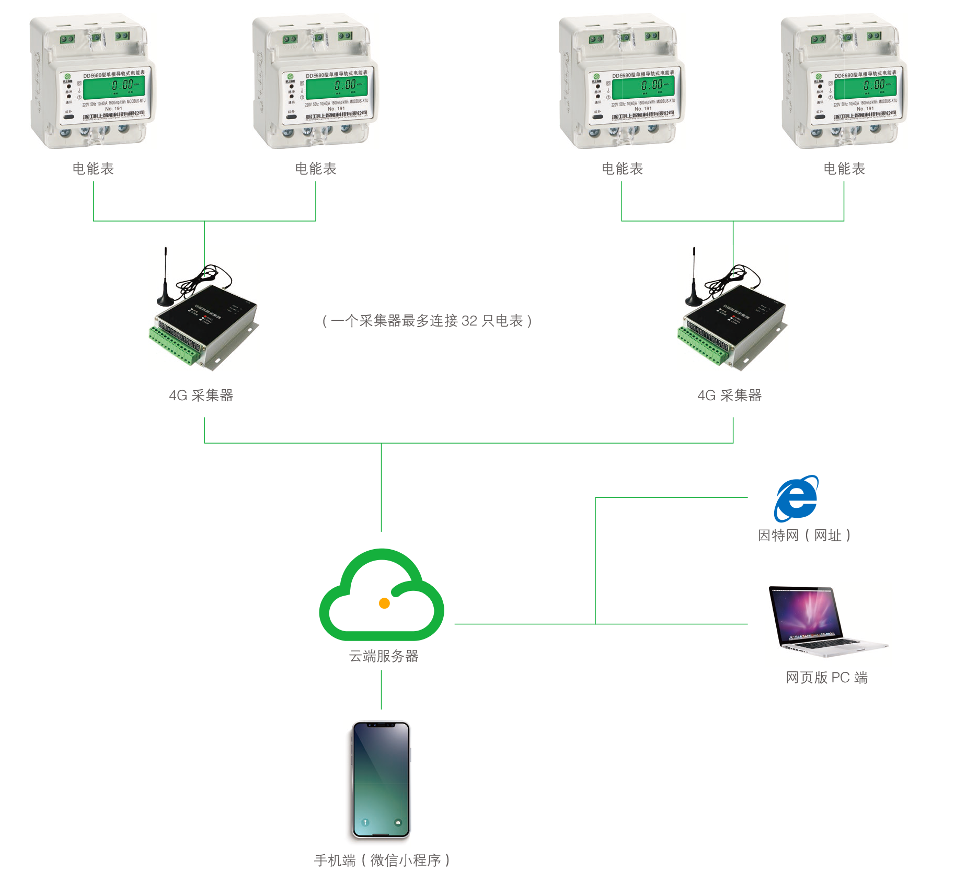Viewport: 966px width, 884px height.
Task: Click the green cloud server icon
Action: pyautogui.click(x=382, y=596)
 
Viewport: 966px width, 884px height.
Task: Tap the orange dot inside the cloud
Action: pyautogui.click(x=384, y=603)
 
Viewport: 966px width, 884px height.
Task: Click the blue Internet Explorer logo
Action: pyautogui.click(x=796, y=499)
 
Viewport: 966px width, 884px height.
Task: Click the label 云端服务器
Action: pyautogui.click(x=384, y=656)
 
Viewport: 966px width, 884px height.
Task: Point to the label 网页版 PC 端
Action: pyautogui.click(x=826, y=678)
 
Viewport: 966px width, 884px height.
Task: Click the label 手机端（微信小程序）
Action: pyautogui.click(x=382, y=860)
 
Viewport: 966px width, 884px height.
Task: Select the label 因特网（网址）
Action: pyautogui.click(x=804, y=536)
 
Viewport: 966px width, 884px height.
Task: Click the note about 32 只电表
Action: pyautogui.click(x=427, y=321)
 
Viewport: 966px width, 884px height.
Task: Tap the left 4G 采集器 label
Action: pyautogui.click(x=201, y=396)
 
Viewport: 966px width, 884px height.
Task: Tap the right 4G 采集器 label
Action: pyautogui.click(x=730, y=396)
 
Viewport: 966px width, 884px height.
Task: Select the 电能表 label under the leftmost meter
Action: pyautogui.click(x=93, y=169)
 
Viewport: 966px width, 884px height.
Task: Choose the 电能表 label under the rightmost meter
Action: pyautogui.click(x=844, y=169)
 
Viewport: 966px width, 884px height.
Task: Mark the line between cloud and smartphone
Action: pyautogui.click(x=381, y=690)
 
